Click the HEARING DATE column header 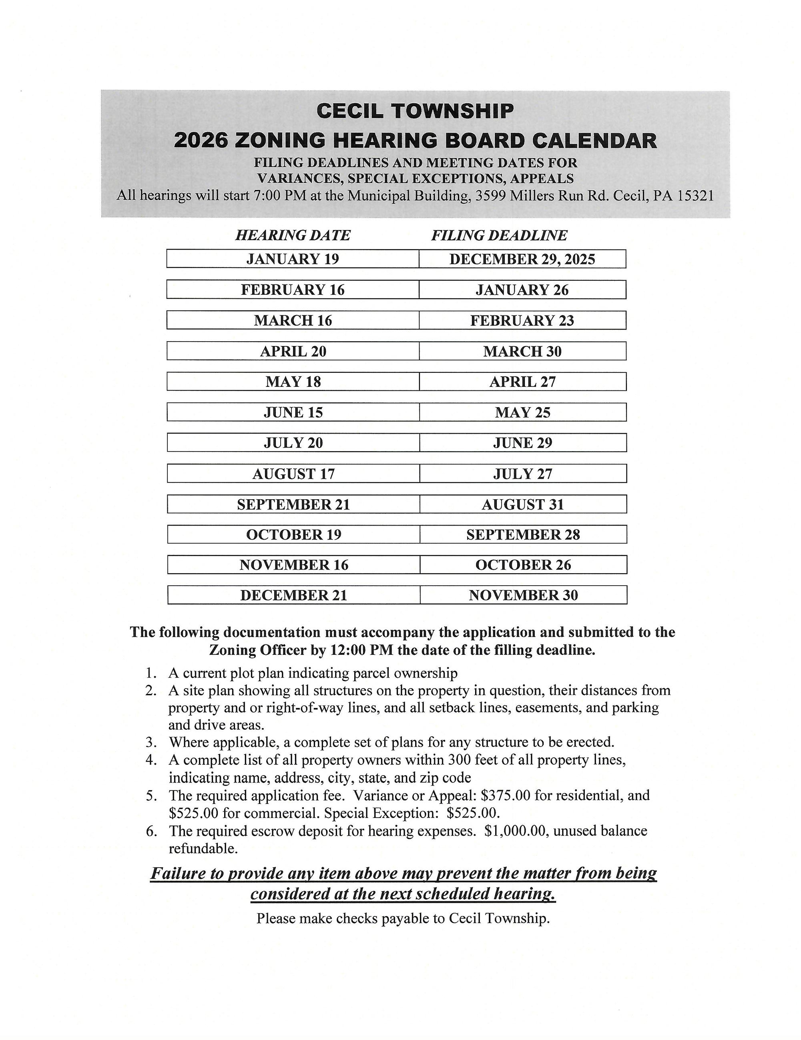pyautogui.click(x=293, y=235)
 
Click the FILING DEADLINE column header pyautogui.click(x=499, y=235)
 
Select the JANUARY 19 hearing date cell pyautogui.click(x=293, y=259)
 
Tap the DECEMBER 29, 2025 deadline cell pyautogui.click(x=522, y=259)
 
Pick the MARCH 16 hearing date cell pyautogui.click(x=293, y=320)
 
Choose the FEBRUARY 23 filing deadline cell pyautogui.click(x=522, y=320)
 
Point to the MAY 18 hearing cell pyautogui.click(x=293, y=382)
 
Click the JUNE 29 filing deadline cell pyautogui.click(x=523, y=443)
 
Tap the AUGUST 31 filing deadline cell pyautogui.click(x=523, y=504)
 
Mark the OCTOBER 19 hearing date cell pyautogui.click(x=293, y=535)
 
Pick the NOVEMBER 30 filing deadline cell pyautogui.click(x=523, y=595)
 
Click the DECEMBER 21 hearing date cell pyautogui.click(x=293, y=595)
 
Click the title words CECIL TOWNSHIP pyautogui.click(x=415, y=111)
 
